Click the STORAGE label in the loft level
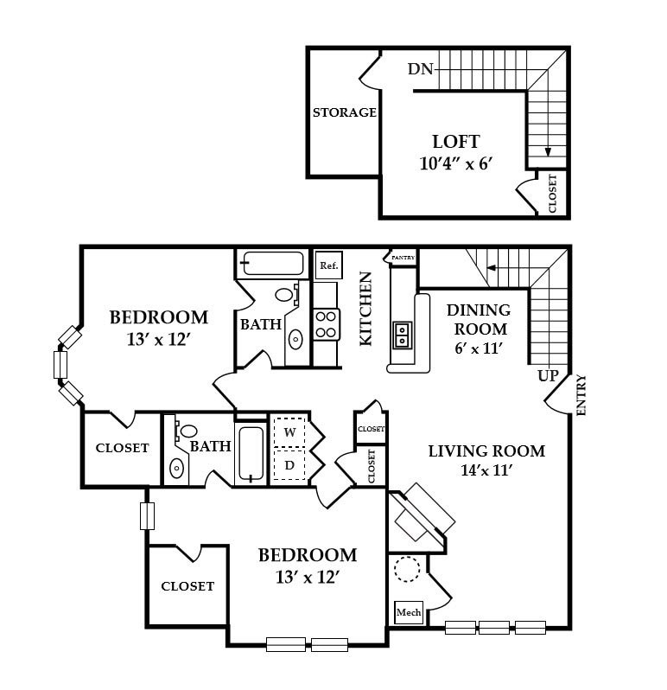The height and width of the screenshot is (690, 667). point(344,112)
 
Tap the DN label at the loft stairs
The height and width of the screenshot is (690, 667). point(421,68)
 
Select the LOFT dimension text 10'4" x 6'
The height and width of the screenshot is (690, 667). point(454,163)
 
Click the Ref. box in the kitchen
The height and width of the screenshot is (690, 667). point(328,265)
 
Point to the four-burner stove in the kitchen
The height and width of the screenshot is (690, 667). point(327,323)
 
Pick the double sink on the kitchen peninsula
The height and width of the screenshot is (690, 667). point(403,334)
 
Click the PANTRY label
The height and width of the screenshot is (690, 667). point(403,258)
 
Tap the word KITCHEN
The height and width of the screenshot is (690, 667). point(366,309)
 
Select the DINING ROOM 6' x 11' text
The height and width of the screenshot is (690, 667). point(478,329)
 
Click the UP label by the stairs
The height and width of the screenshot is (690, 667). point(548,376)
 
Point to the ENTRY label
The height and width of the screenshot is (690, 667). point(581,395)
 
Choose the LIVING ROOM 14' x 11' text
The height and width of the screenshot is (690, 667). point(486,460)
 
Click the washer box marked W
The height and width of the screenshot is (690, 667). point(289,431)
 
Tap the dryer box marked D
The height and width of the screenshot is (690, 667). point(289,465)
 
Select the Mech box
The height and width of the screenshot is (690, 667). point(408,613)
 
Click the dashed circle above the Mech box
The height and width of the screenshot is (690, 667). point(407,570)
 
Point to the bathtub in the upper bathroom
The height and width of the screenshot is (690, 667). point(272,263)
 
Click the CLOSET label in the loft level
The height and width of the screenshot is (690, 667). point(552,194)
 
